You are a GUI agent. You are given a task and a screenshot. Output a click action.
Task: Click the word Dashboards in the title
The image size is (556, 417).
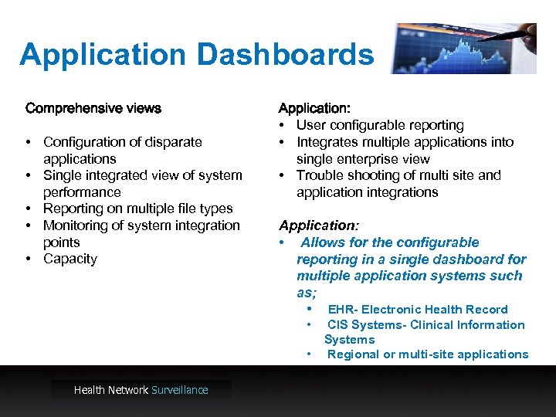[285, 55]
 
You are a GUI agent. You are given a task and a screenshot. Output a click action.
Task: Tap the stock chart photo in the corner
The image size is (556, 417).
[463, 48]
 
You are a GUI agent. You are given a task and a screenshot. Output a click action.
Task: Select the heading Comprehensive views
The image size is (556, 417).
[93, 108]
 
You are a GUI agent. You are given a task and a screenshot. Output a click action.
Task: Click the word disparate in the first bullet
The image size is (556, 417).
[171, 142]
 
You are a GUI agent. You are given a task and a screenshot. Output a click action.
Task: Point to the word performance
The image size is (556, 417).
[82, 192]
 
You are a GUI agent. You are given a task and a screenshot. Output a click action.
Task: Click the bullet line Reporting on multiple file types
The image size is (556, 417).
[137, 208]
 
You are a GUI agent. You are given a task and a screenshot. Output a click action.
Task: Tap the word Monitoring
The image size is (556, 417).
[76, 225]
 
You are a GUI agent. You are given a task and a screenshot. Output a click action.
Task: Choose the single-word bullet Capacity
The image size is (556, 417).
[70, 259]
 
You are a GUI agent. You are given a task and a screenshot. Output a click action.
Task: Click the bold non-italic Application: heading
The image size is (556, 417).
[314, 108]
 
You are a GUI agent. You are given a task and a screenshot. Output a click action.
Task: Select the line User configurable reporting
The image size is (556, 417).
[380, 125]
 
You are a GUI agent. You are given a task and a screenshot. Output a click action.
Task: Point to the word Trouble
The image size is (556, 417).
[318, 175]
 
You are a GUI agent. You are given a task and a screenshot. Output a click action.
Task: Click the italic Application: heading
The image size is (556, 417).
[319, 225]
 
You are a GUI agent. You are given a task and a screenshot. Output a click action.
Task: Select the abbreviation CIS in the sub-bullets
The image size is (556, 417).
[337, 325]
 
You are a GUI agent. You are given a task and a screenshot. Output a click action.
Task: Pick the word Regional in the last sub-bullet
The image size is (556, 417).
[353, 354]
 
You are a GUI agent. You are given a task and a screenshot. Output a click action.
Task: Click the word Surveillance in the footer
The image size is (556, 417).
[180, 390]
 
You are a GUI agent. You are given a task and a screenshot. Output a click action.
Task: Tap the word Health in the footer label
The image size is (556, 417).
[90, 390]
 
